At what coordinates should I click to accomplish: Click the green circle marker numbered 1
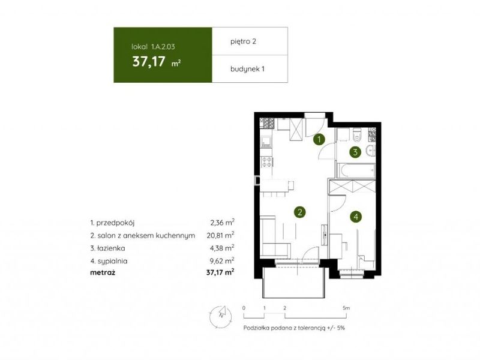click(x=319, y=140)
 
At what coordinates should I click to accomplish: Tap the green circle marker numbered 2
click(x=299, y=212)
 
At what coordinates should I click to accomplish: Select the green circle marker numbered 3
click(x=355, y=152)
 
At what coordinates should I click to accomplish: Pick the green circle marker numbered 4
click(x=356, y=217)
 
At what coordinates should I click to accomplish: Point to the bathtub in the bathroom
click(x=356, y=170)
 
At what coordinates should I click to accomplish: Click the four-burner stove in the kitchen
click(x=266, y=161)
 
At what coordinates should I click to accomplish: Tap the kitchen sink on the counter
click(x=266, y=142)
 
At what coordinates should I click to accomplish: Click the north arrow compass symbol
click(x=220, y=316)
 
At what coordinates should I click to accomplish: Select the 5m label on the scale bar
click(x=346, y=308)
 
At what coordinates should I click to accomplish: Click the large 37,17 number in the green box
click(x=149, y=62)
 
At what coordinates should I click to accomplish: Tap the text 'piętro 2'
click(x=243, y=41)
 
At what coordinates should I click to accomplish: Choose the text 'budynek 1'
click(x=247, y=69)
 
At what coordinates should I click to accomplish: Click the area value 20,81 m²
click(x=220, y=235)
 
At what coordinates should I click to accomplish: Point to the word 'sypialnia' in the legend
click(x=112, y=262)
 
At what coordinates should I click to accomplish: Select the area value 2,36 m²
click(x=222, y=222)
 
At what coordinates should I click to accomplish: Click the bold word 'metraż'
click(x=103, y=272)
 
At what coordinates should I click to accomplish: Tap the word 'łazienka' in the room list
click(x=111, y=248)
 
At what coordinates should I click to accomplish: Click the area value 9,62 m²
click(x=222, y=261)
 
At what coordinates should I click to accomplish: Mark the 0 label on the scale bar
click(x=244, y=308)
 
